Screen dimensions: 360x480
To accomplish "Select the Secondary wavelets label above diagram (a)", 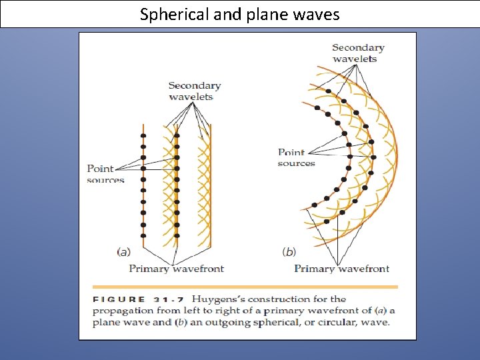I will (x=194, y=91).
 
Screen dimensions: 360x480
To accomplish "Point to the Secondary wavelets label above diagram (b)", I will (x=358, y=53).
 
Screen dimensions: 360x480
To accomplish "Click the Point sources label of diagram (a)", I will (x=104, y=174).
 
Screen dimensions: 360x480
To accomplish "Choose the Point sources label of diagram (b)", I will (x=295, y=158).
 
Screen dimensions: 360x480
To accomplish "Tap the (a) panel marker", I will (x=123, y=252).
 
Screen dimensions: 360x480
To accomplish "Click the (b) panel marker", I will (x=289, y=252).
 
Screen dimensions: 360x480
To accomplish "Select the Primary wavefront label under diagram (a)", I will (x=176, y=269).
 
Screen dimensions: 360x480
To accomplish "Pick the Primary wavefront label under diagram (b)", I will (x=341, y=269).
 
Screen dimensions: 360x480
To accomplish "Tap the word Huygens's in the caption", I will (x=225, y=299).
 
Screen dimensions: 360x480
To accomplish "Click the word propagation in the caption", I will (x=121, y=311).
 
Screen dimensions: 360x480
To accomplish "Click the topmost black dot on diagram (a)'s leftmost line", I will (x=143, y=136).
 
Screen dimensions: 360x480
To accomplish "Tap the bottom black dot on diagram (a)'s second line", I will (x=177, y=235).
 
